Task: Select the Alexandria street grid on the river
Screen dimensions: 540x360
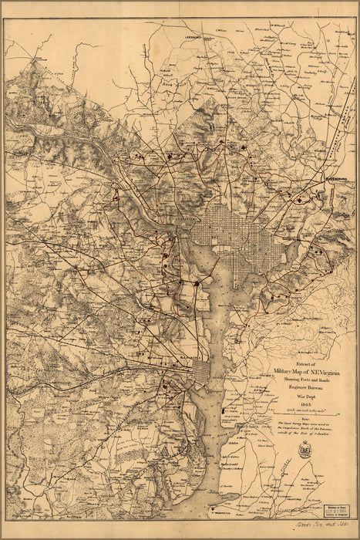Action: point(197,373)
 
